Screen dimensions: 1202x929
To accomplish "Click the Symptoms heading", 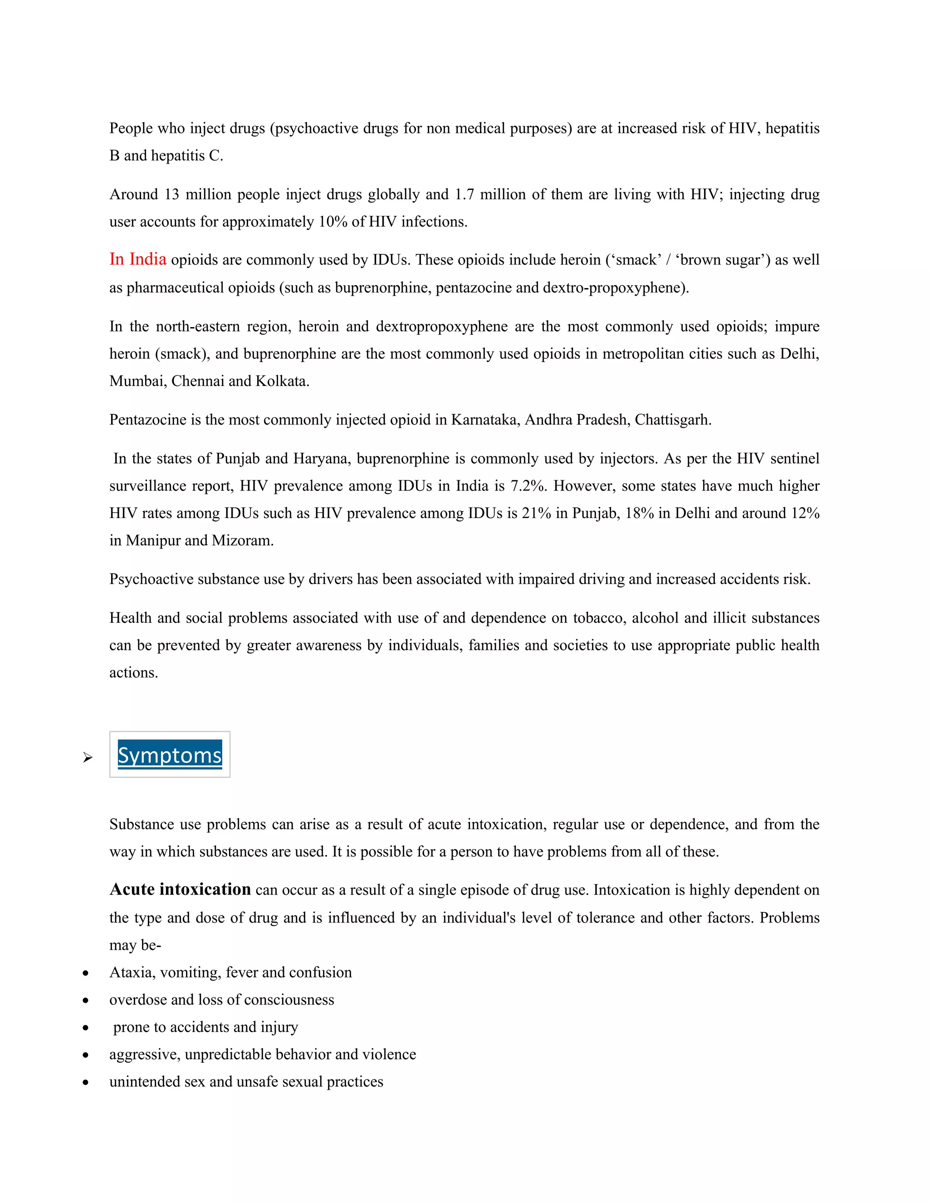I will tap(170, 755).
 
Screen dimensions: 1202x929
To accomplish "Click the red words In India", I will tap(137, 259).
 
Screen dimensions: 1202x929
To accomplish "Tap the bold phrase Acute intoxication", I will tap(180, 889).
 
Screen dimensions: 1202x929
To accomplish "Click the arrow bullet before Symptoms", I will tap(88, 758).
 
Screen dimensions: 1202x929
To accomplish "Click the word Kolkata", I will tap(281, 381).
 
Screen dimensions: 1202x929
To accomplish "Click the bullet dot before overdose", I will tap(85, 1000).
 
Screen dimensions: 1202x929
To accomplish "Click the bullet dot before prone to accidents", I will tap(85, 1027).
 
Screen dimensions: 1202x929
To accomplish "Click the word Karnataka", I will tap(485, 420).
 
